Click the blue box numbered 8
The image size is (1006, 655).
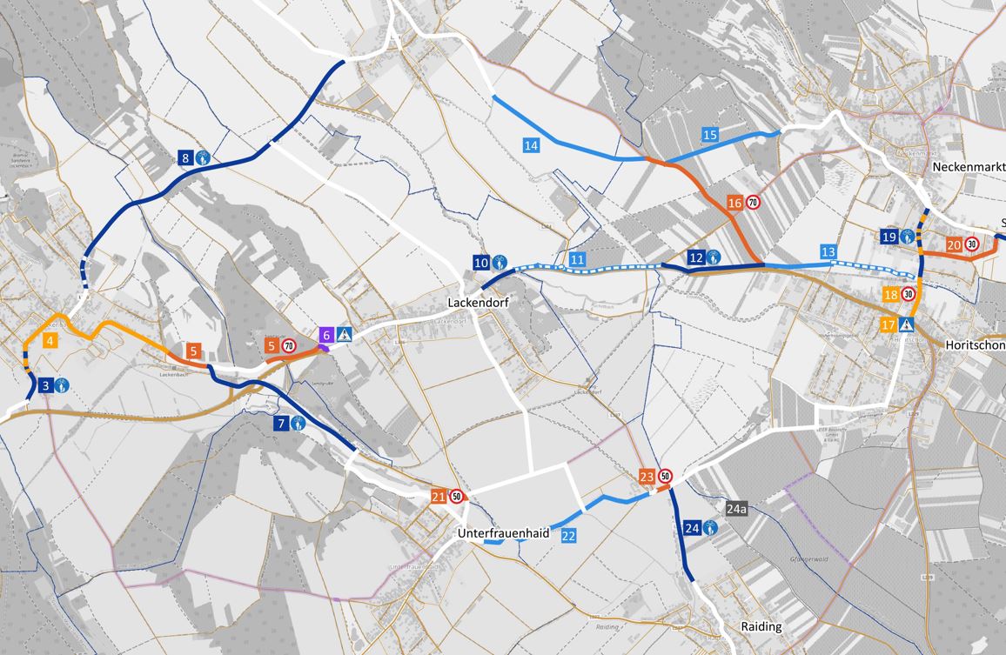click(184, 158)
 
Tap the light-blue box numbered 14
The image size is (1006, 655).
click(531, 145)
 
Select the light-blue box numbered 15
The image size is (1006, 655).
click(709, 135)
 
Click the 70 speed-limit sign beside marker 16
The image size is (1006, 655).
click(754, 203)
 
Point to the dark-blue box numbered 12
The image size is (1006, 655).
click(695, 257)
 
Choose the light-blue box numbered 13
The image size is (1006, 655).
click(828, 252)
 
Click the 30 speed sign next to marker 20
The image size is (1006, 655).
click(971, 244)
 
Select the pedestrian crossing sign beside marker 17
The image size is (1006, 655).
click(908, 325)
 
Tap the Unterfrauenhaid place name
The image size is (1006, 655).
click(503, 534)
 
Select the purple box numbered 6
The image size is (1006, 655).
click(326, 334)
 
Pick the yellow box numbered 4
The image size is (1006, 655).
click(51, 340)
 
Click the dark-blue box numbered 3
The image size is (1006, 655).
click(45, 384)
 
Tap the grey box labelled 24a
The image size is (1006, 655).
click(736, 507)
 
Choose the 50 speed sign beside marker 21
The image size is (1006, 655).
click(457, 497)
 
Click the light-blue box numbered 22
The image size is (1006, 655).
click(568, 536)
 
